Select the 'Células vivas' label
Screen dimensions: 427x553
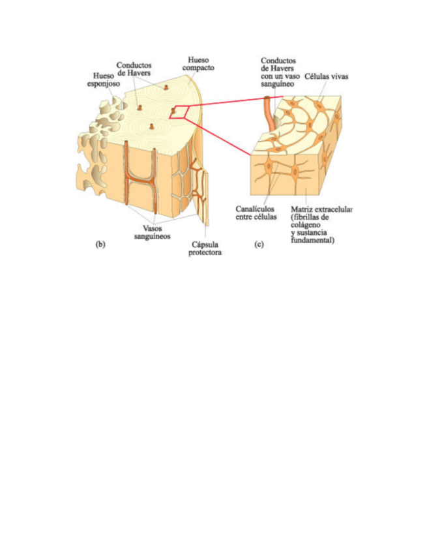click(x=326, y=77)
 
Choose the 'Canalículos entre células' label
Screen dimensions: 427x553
click(x=256, y=213)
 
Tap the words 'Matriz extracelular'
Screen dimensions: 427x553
click(x=321, y=209)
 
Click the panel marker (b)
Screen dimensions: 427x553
click(x=100, y=245)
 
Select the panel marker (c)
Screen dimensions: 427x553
click(x=259, y=245)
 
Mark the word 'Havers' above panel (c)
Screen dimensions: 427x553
click(x=280, y=69)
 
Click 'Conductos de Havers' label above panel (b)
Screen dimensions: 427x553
click(x=134, y=69)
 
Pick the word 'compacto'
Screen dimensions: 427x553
click(x=199, y=67)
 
